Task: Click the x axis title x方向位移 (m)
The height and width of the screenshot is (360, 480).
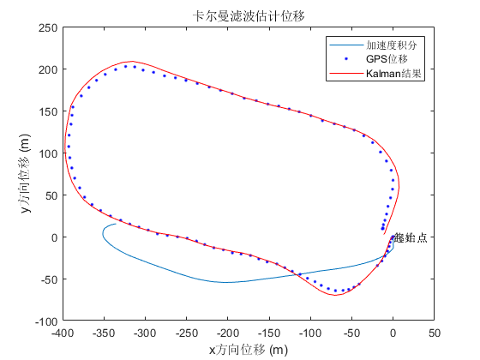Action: point(249,349)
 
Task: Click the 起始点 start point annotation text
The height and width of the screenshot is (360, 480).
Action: point(410,237)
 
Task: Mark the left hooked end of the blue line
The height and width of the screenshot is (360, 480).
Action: point(116,225)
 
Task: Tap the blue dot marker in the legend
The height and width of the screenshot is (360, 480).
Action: point(345,59)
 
